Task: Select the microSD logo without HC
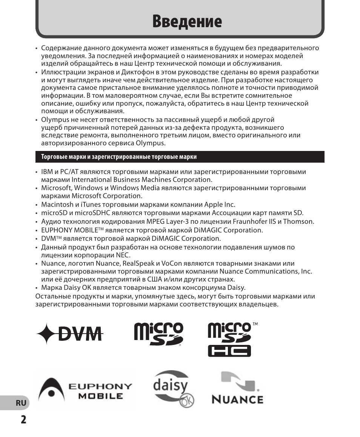pos(158,334)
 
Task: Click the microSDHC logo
pos(230,339)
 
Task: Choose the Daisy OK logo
pos(174,389)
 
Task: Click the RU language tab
pos(21,403)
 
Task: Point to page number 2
pos(23,419)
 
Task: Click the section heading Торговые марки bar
pos(180,157)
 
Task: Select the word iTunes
pos(91,205)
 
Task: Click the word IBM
pos(47,172)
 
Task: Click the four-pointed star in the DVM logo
pos(46,334)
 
